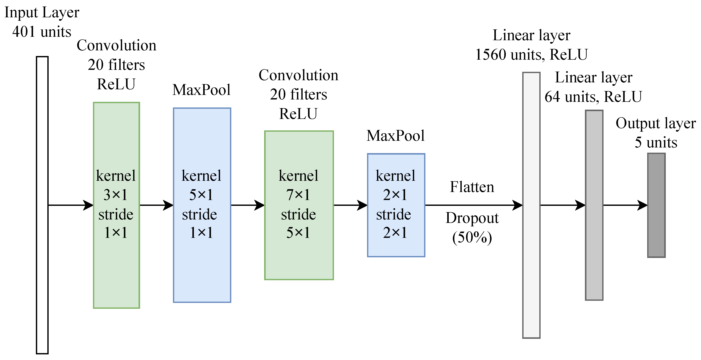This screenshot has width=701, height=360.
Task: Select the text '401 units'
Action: coord(42,32)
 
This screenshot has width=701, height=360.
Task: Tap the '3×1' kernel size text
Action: coord(116,195)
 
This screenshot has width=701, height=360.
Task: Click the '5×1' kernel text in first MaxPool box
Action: coord(201,195)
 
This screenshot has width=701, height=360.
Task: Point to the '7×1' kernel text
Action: coord(298,195)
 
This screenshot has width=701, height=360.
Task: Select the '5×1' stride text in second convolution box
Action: coord(298,233)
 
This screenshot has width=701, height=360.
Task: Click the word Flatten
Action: coord(472,187)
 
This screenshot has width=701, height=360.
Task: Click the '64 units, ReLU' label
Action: coord(593,97)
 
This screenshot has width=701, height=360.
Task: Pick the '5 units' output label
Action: coord(656,142)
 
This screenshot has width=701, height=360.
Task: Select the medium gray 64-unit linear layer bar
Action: coord(594,205)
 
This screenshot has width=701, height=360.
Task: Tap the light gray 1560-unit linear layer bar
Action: coord(531,205)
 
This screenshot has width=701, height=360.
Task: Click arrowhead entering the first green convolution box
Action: coord(88,205)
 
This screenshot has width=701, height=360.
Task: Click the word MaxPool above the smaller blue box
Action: coord(395,136)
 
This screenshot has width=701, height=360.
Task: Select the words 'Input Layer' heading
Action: coord(42,13)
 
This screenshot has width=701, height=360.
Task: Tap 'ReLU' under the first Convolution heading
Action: coord(116,84)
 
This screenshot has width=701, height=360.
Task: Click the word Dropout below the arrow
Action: coord(472,218)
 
